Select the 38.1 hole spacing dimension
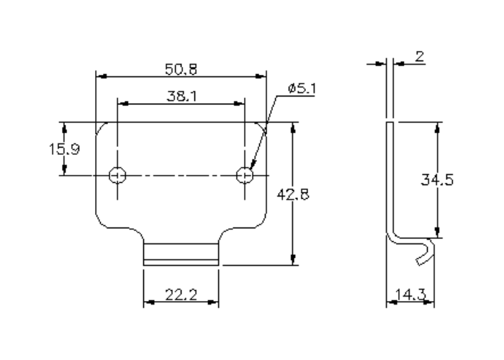point(180,96)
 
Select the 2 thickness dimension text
point(419,58)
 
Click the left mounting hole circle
point(117,174)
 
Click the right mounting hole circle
point(246,174)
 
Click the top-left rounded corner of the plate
point(102,127)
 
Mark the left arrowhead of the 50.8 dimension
point(101,76)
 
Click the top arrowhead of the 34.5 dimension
point(436,127)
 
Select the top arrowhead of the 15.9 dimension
point(65,126)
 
